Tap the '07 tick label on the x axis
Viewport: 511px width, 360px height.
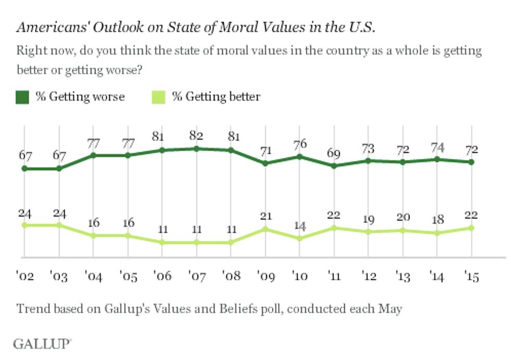click(196, 277)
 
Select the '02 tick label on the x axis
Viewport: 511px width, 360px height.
click(25, 277)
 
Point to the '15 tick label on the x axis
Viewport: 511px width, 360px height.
click(471, 277)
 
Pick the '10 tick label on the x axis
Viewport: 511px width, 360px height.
click(299, 277)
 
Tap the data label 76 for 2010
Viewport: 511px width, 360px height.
click(299, 144)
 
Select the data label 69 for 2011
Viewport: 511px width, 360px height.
click(334, 154)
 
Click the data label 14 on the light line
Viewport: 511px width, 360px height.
click(299, 226)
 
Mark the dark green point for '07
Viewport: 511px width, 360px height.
click(196, 148)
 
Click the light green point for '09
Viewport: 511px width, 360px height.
click(265, 229)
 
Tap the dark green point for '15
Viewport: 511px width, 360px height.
click(471, 162)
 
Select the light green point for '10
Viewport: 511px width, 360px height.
click(299, 239)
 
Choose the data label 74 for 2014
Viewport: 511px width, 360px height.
click(437, 147)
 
